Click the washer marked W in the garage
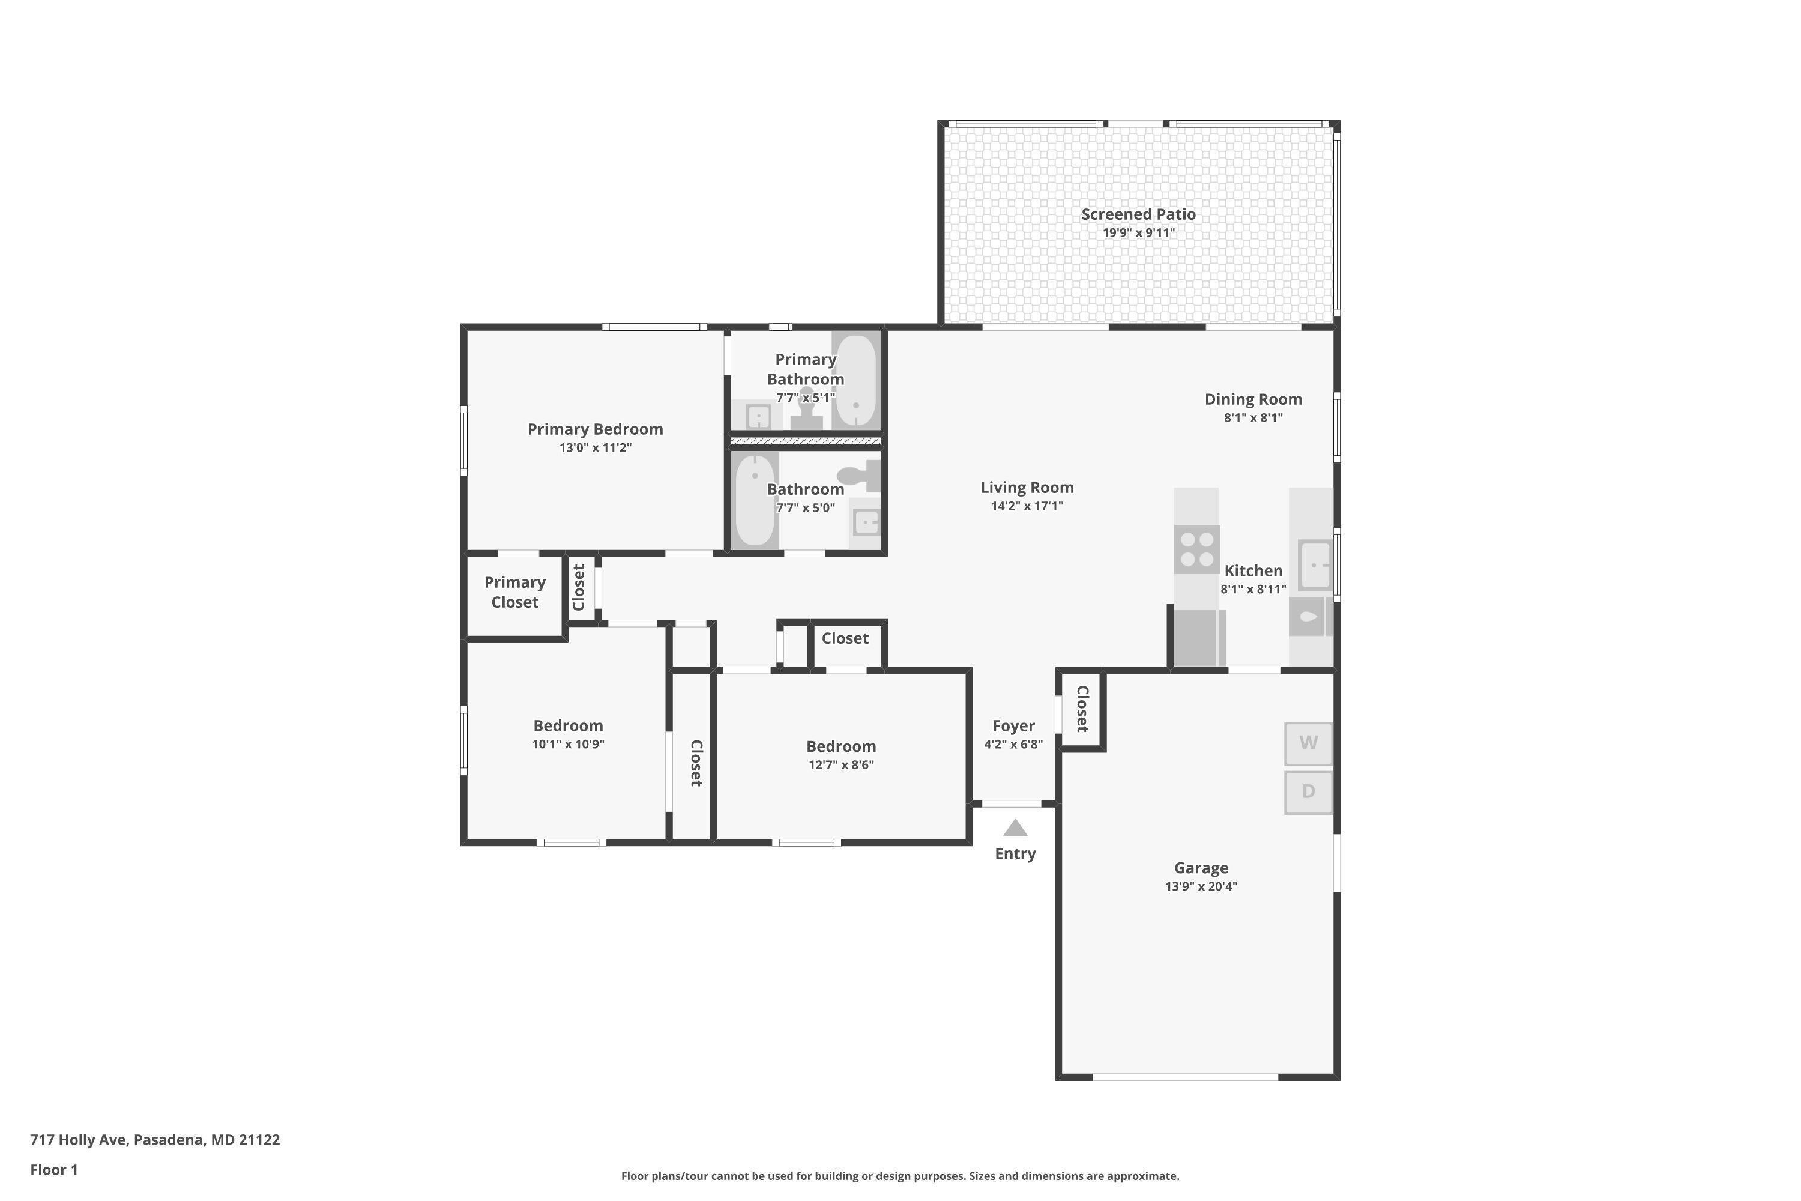point(1308,743)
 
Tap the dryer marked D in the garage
point(1308,792)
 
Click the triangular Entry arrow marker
point(1015,828)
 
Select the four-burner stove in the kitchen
point(1197,549)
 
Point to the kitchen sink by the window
point(1315,565)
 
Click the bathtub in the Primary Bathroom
point(855,381)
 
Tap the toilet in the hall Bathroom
point(861,476)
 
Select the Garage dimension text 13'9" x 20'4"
point(1201,886)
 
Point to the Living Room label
point(1027,487)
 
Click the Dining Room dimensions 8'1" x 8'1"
point(1253,417)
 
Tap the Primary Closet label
point(514,592)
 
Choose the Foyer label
point(1013,725)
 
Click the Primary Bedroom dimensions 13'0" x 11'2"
point(595,447)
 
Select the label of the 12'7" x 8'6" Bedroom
point(841,746)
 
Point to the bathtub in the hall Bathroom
point(755,500)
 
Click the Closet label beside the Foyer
point(1082,709)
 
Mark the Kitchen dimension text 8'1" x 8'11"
point(1253,589)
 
